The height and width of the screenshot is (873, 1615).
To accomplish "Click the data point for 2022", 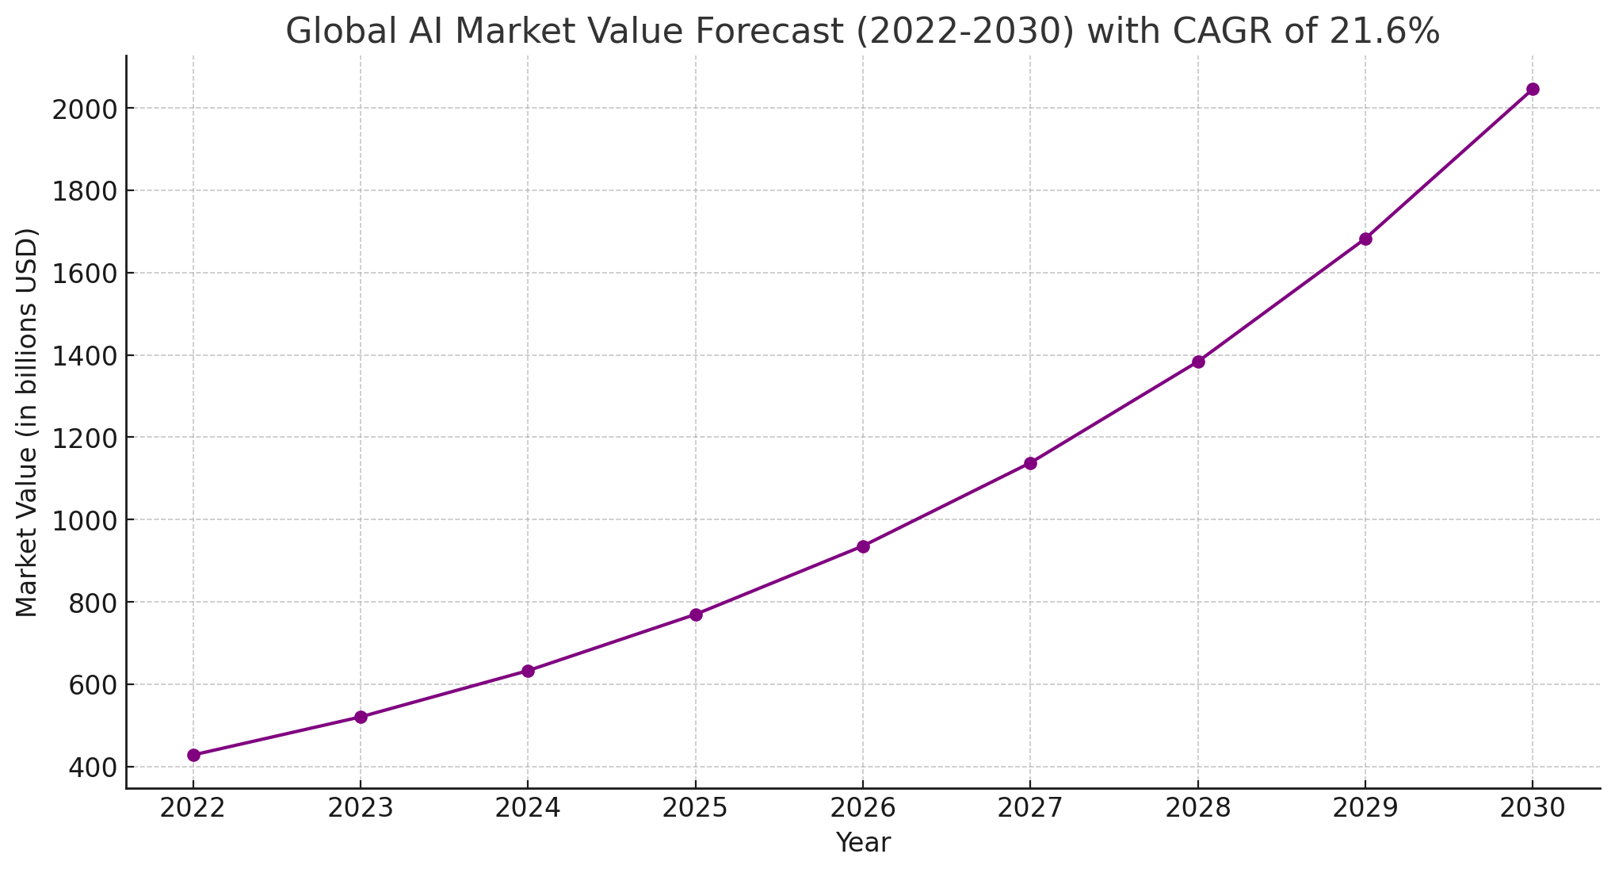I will point(193,755).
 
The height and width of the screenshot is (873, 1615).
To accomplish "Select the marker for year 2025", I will point(696,615).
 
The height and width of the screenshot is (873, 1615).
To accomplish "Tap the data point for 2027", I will point(1030,463).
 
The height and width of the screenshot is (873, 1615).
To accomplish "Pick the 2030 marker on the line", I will point(1533,89).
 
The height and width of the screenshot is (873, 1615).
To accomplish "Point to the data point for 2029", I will point(1365,239).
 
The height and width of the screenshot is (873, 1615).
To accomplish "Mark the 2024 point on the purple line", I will point(528,671).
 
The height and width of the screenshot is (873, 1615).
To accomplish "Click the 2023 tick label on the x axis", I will point(361,808).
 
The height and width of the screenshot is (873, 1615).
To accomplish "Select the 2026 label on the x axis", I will point(863,808).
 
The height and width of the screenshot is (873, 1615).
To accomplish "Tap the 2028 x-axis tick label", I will point(1198,808).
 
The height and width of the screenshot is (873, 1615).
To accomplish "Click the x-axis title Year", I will point(863,843).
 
